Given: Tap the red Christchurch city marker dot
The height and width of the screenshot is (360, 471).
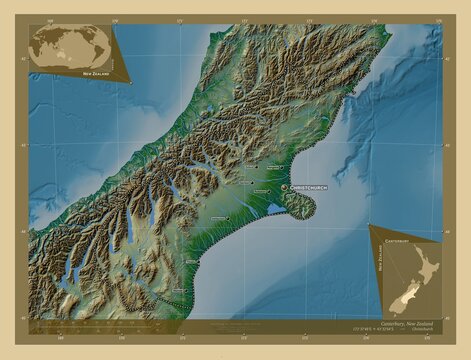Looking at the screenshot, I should (284, 187).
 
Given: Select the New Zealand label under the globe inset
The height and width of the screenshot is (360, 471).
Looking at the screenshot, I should (96, 74).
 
